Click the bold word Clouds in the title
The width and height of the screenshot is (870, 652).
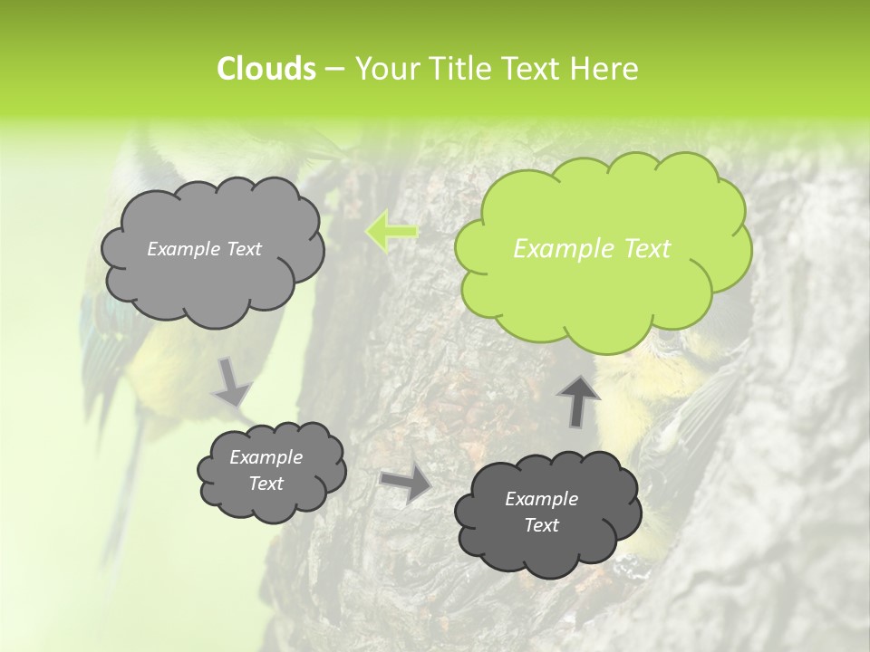click(266, 69)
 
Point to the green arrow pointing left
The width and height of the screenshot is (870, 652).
click(391, 232)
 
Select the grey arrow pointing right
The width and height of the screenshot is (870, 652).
click(406, 484)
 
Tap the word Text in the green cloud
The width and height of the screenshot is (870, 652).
click(647, 249)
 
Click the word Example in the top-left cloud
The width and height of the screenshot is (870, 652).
click(182, 249)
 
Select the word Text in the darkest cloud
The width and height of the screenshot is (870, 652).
click(541, 526)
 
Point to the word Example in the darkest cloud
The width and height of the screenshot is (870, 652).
click(541, 499)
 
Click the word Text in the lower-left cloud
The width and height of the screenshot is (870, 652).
click(266, 484)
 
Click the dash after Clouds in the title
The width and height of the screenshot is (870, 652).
click(333, 70)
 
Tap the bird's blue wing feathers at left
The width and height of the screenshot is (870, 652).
click(100, 335)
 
